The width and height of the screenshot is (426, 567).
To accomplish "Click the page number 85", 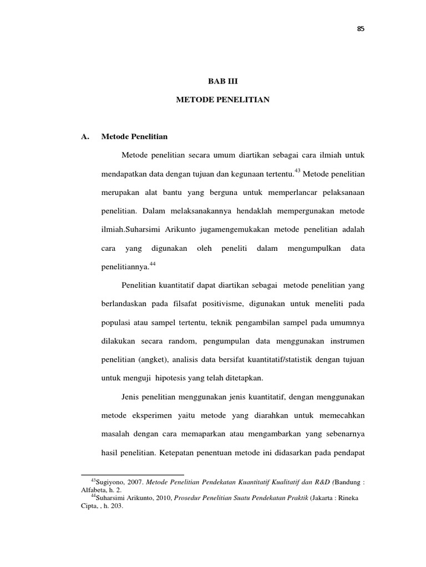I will click(361, 29).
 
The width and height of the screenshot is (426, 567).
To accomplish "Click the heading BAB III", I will click(222, 80).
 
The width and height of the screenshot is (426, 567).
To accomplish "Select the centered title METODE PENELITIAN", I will click(222, 100).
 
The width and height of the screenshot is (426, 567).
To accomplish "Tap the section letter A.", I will click(85, 136).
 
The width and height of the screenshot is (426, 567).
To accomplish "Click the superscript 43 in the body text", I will click(297, 170).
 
